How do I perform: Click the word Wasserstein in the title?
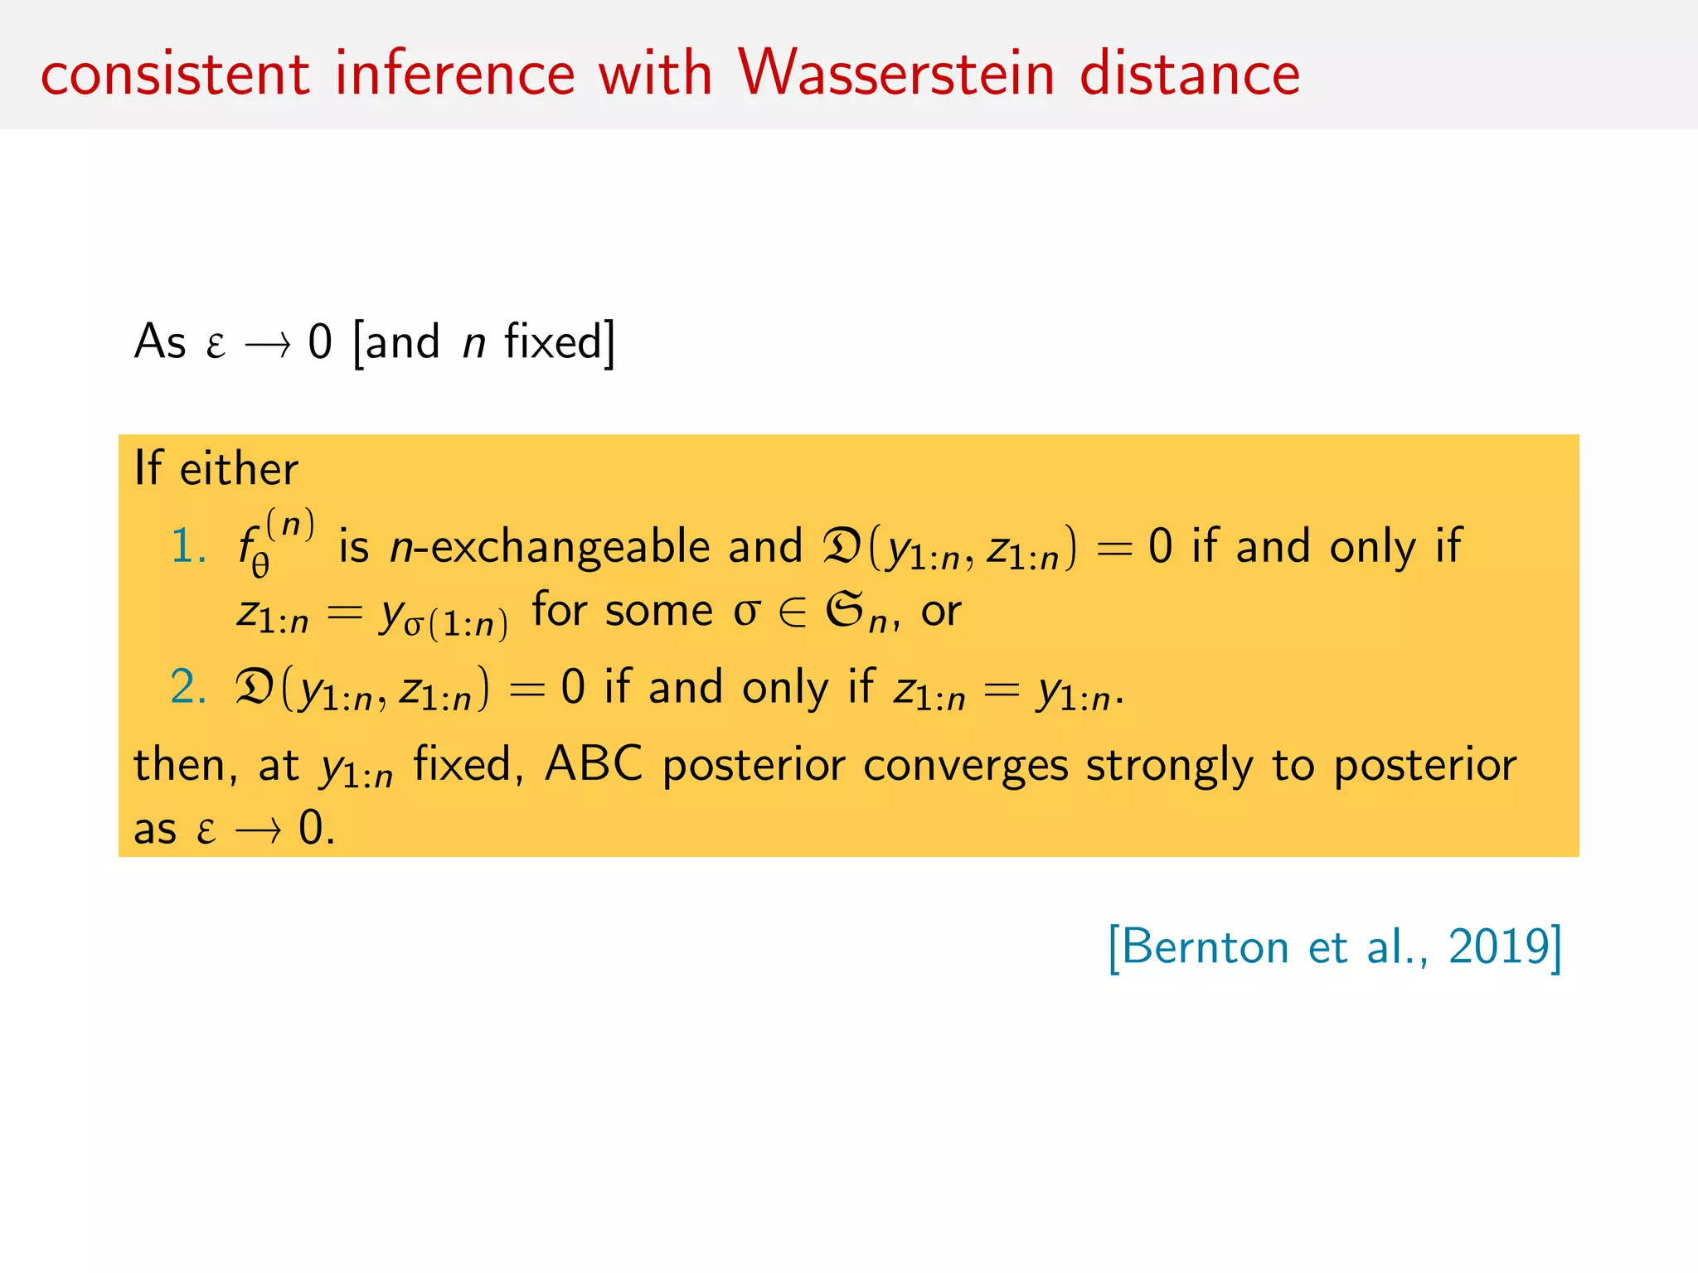(896, 73)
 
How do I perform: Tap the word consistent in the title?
(175, 75)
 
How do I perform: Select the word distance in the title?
(1190, 73)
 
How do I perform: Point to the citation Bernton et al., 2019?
(1335, 947)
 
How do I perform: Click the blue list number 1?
(187, 548)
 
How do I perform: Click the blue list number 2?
(187, 688)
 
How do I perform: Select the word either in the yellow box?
(239, 469)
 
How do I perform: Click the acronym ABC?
(593, 764)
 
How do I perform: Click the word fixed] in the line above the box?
(560, 341)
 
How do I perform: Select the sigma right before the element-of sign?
(746, 612)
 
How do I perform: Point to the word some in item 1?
(658, 612)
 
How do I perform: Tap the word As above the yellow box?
(160, 341)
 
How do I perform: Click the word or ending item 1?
(941, 612)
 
